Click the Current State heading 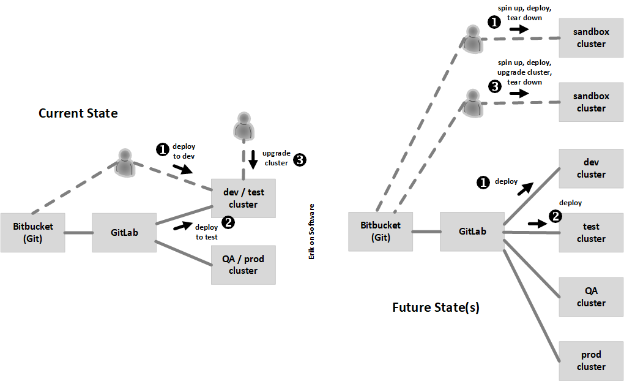tap(78, 113)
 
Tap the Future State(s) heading tap(436, 307)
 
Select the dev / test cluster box tap(243, 198)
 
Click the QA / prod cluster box tap(243, 265)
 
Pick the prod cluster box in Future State tap(591, 360)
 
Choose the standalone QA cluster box tap(591, 296)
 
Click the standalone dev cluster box tap(591, 168)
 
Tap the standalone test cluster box tap(591, 232)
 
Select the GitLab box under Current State tap(124, 233)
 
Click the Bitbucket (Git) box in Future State tap(380, 232)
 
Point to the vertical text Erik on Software tap(311, 232)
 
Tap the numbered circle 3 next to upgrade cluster tap(299, 160)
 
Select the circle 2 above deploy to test tap(228, 222)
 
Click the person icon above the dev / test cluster tap(243, 125)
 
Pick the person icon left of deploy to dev tap(125, 162)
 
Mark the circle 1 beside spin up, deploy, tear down tap(494, 21)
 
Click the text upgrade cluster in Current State tap(275, 158)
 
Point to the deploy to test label tap(206, 232)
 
